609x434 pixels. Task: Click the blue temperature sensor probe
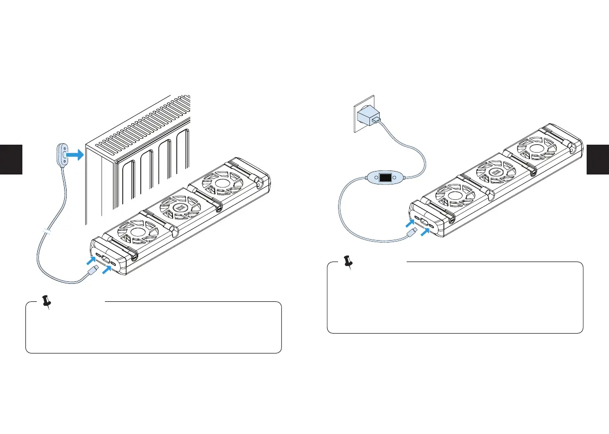pyautogui.click(x=63, y=155)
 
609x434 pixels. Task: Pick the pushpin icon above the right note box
pyautogui.click(x=349, y=262)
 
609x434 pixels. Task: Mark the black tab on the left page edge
pyautogui.click(x=11, y=159)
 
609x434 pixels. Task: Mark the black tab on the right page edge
pyautogui.click(x=598, y=159)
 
